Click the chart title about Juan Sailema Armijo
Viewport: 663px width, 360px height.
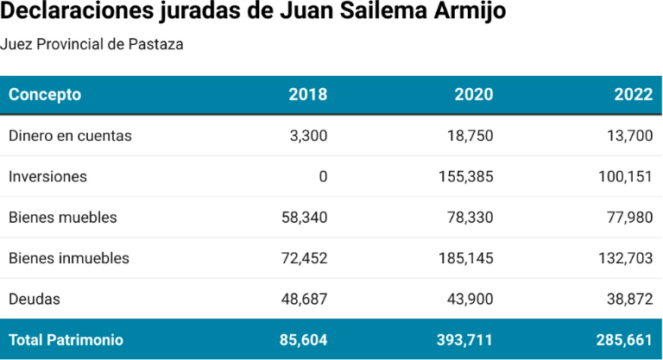(x=253, y=13)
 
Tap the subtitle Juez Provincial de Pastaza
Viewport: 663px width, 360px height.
(x=92, y=44)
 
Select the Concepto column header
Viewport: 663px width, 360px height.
(x=45, y=95)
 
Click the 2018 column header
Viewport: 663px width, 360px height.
(x=307, y=95)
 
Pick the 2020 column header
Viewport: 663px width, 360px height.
(x=473, y=95)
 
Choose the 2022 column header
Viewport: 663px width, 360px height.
(x=633, y=95)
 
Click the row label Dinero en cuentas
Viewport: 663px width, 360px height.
(x=70, y=136)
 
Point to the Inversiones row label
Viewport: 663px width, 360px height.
(x=47, y=177)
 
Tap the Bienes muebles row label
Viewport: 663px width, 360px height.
(x=62, y=218)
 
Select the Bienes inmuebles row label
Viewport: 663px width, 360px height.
(x=69, y=258)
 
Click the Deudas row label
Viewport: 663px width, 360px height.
(x=34, y=299)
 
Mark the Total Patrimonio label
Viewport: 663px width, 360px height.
(x=66, y=340)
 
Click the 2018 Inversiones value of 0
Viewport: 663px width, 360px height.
(x=323, y=177)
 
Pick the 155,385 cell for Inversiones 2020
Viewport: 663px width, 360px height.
(x=465, y=177)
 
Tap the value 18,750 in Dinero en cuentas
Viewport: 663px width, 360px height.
(x=470, y=136)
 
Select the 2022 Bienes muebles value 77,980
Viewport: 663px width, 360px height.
(x=630, y=218)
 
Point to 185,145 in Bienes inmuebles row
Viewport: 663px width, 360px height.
(x=465, y=258)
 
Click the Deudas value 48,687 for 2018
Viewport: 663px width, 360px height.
(x=305, y=299)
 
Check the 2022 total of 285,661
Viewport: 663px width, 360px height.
(x=624, y=340)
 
